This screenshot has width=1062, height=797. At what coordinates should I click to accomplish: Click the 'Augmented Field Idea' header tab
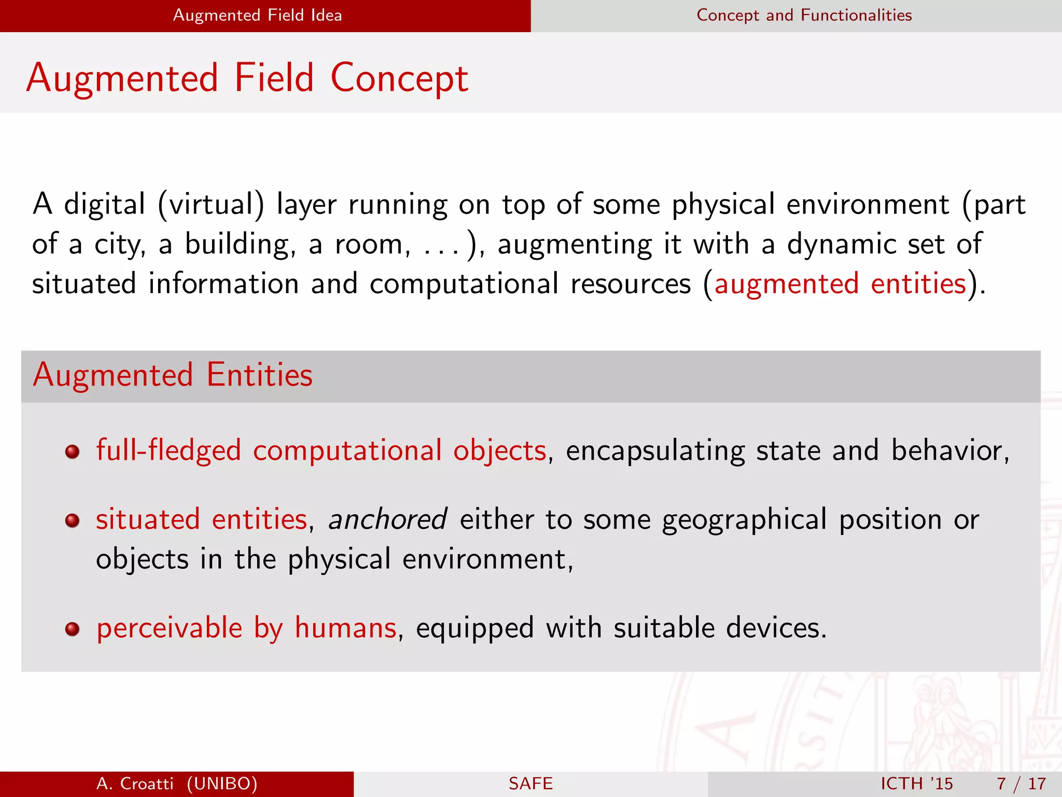[x=257, y=15]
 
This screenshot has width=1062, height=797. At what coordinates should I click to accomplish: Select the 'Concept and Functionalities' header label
[x=804, y=15]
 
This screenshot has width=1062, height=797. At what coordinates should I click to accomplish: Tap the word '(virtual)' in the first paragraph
[x=211, y=204]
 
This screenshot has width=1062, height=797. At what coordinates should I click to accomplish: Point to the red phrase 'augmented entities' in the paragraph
[x=840, y=284]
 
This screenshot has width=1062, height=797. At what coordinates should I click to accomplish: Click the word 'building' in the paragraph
[x=240, y=244]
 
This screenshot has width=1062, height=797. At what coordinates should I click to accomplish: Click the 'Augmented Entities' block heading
[x=173, y=375]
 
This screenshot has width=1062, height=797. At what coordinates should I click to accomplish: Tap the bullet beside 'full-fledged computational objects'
[x=72, y=451]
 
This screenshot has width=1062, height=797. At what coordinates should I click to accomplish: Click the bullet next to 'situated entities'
[x=72, y=520]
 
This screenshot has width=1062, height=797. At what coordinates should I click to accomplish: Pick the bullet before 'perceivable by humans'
[x=72, y=629]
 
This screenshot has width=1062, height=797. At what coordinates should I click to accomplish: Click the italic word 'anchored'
[x=387, y=519]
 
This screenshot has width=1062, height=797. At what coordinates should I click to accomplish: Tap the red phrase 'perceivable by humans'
[x=246, y=628]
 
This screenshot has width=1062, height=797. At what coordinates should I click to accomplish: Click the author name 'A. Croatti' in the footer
[x=135, y=784]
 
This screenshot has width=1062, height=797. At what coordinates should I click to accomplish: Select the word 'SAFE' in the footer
[x=530, y=784]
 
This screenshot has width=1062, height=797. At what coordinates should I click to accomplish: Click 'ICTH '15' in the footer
[x=916, y=784]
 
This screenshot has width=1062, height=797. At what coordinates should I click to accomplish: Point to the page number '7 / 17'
[x=1021, y=784]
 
